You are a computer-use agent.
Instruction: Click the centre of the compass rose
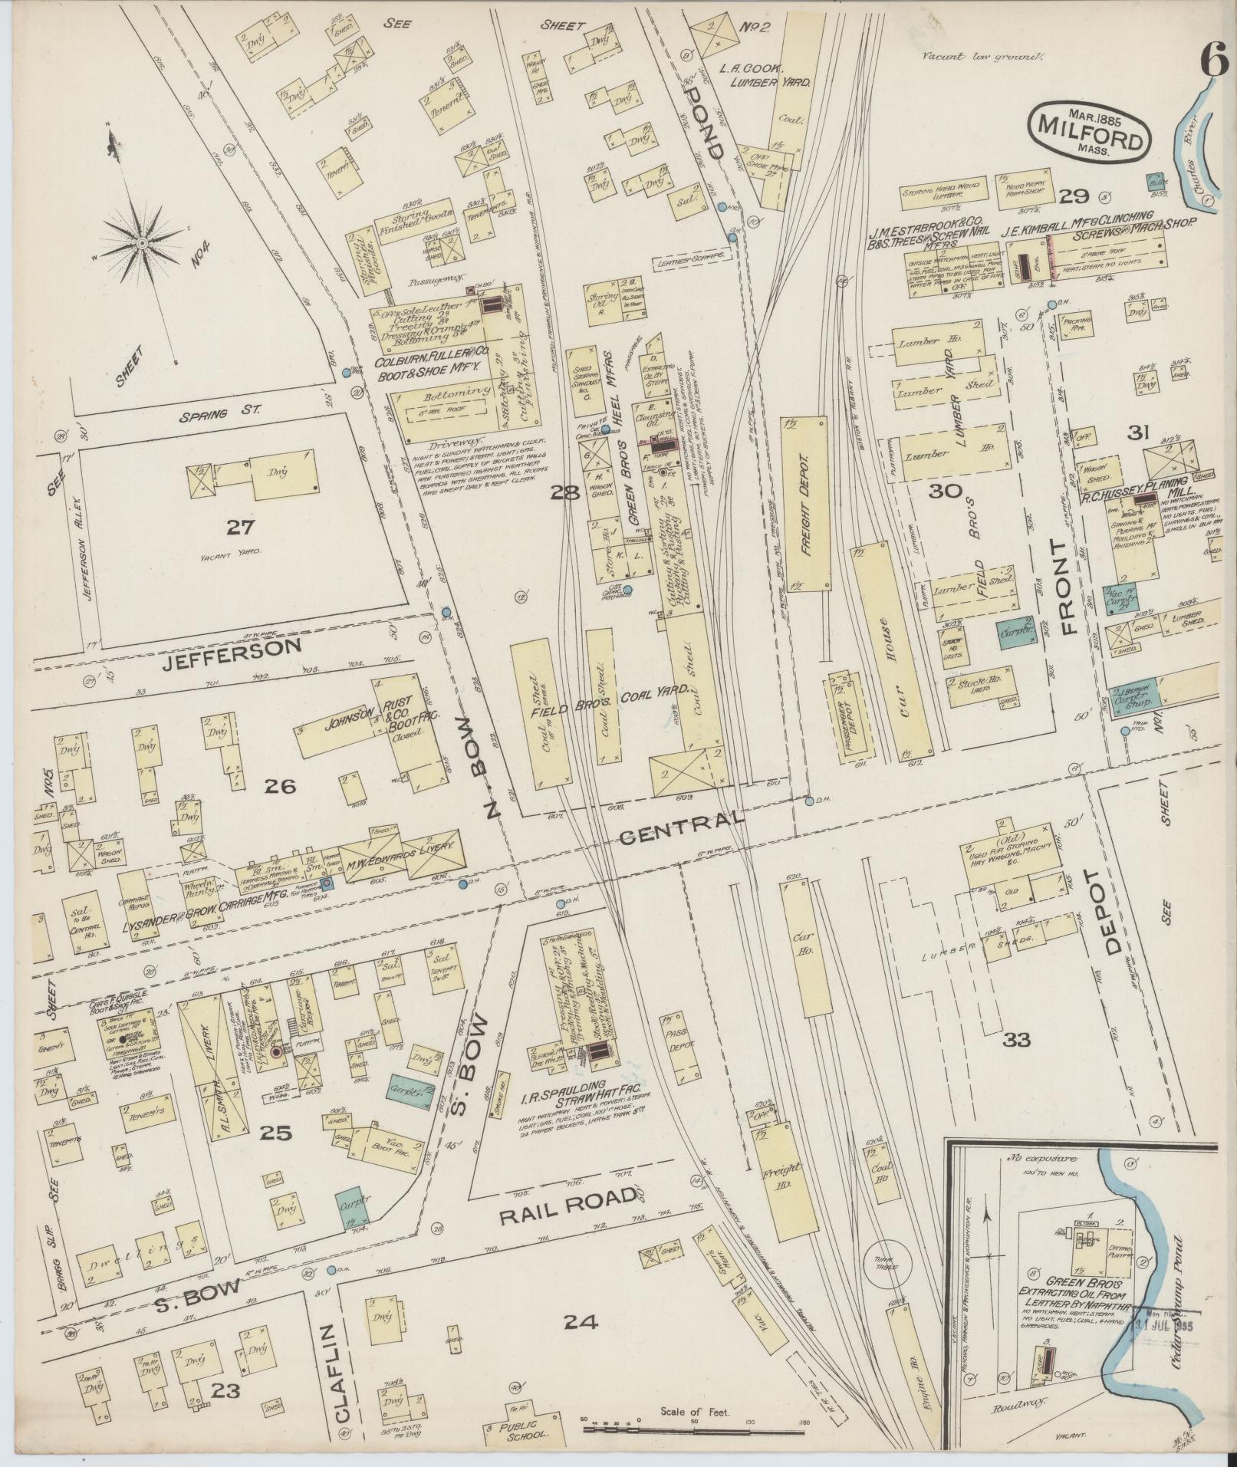tap(142, 243)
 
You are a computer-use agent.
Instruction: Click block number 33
tap(1016, 1040)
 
